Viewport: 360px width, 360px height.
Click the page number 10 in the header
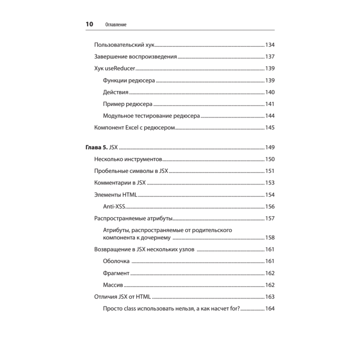[89, 24]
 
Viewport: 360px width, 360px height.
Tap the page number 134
[270, 45]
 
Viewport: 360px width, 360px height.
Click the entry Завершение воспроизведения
[135, 57]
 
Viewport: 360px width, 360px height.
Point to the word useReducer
[121, 68]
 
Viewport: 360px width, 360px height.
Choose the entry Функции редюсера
[129, 80]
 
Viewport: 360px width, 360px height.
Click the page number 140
[270, 92]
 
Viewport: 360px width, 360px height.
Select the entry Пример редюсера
[127, 104]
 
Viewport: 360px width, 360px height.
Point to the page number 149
[270, 147]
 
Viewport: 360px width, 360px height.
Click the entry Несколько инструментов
[128, 159]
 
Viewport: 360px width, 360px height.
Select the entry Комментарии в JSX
[120, 183]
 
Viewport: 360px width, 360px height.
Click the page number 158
[270, 238]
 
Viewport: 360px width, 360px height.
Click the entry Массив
[113, 285]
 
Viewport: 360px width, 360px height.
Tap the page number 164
[270, 309]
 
